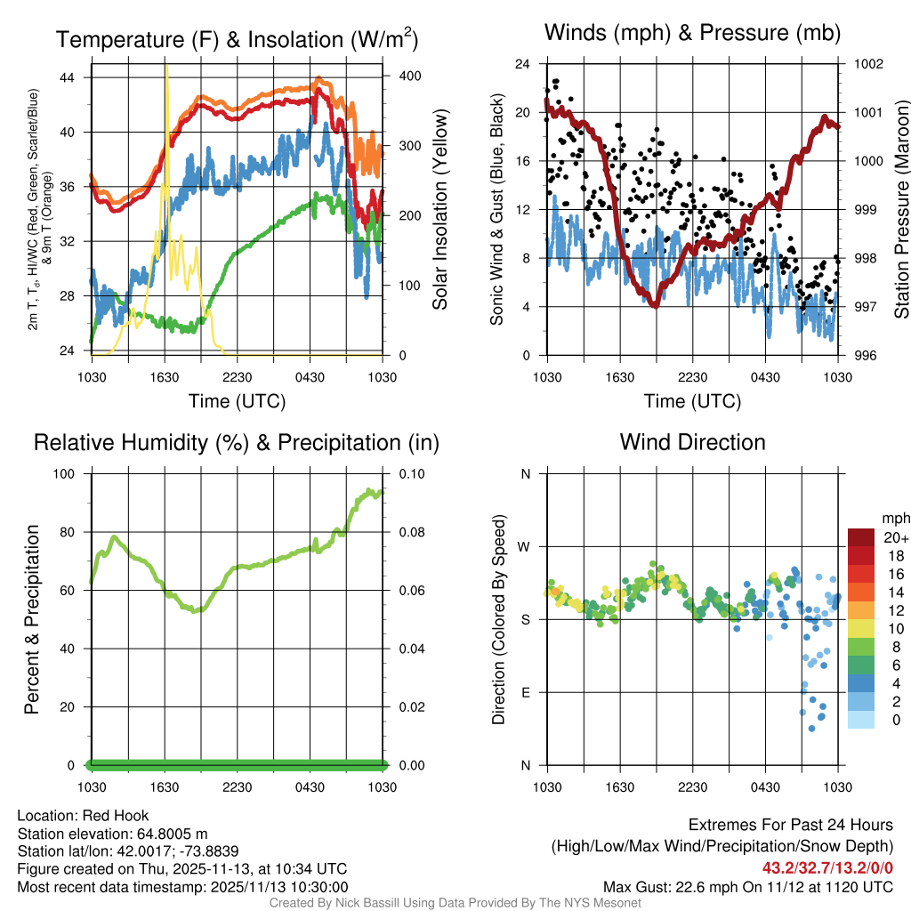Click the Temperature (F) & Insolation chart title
point(237,39)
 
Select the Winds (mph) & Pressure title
point(692,33)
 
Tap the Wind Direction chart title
point(692,441)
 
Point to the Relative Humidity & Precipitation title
point(237,442)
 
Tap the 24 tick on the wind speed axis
point(523,64)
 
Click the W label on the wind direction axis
point(525,546)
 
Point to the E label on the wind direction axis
point(525,692)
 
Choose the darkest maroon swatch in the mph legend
point(860,536)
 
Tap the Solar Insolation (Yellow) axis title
point(440,210)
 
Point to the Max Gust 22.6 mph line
point(747,886)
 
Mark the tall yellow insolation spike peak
point(165,66)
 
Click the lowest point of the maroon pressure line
point(655,305)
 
